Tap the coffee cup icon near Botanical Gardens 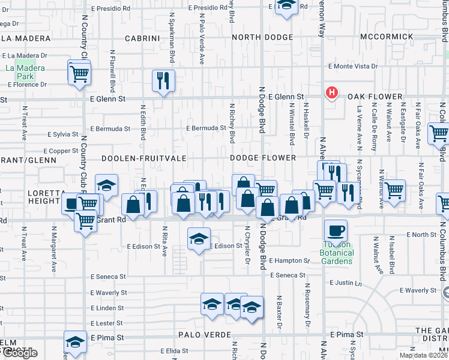click(x=336, y=230)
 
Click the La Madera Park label click(x=25, y=72)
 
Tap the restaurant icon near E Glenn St click(x=163, y=80)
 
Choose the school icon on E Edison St click(x=199, y=239)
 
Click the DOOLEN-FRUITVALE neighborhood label click(x=143, y=158)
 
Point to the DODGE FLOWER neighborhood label click(x=263, y=158)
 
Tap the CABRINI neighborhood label click(x=142, y=38)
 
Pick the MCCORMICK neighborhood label click(x=387, y=37)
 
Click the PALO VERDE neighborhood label click(x=204, y=334)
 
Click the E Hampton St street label click(x=289, y=260)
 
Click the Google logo click(x=19, y=353)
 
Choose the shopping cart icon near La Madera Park click(x=79, y=73)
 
